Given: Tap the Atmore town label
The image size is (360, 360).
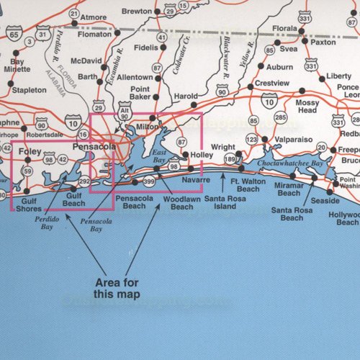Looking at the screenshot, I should (94, 17).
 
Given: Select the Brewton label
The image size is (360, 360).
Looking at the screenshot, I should (137, 12).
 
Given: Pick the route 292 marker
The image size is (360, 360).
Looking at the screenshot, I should (84, 181).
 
